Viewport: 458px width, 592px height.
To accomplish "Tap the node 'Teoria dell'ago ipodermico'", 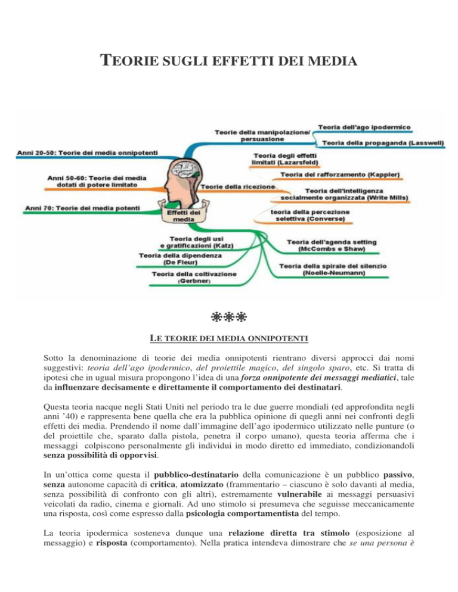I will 366,127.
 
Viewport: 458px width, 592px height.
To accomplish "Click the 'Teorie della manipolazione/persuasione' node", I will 262,135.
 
